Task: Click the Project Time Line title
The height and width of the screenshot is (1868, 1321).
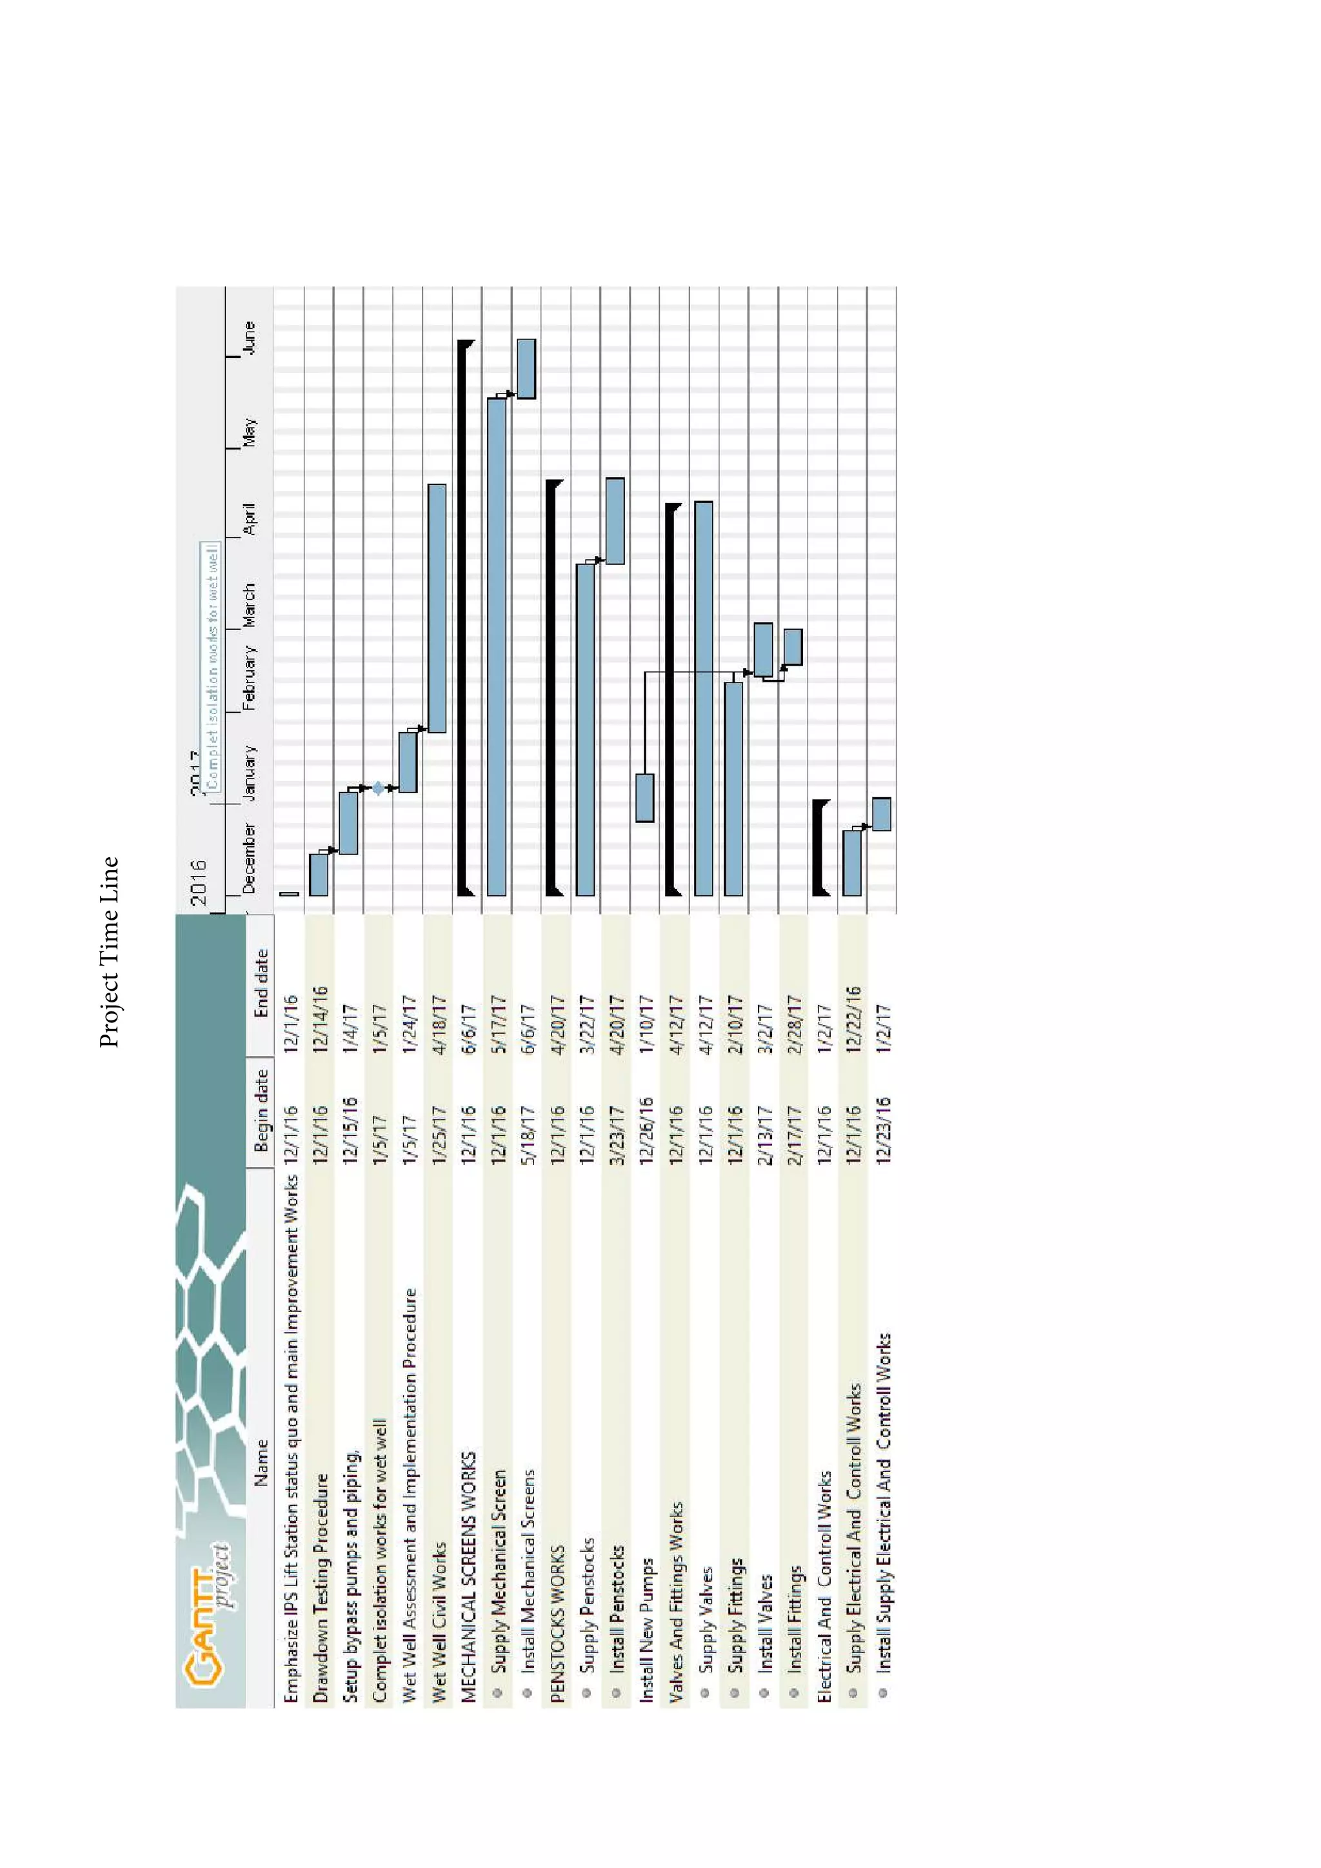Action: coord(109,952)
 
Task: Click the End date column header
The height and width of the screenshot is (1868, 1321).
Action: coord(261,984)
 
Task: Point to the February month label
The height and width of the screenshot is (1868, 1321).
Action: coord(250,678)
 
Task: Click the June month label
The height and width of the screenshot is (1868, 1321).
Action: coord(250,337)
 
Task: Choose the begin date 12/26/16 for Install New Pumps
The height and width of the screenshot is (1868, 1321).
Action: coord(646,1130)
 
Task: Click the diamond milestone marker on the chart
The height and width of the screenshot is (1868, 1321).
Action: coord(378,788)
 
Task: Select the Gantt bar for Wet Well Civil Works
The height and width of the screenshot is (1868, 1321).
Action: coord(437,608)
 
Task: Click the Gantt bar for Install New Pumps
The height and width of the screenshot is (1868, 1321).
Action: coord(645,797)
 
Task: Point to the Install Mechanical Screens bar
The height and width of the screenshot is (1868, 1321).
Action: coord(526,368)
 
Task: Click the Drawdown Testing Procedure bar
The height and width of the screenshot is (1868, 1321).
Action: coord(319,875)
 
